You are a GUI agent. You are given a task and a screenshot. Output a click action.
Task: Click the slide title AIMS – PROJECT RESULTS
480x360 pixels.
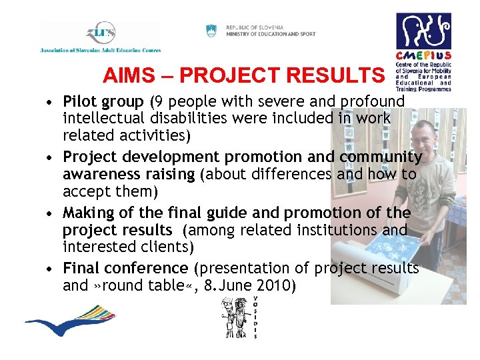tap(244, 75)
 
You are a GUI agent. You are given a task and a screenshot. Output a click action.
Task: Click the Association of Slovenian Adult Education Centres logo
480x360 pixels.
tap(100, 37)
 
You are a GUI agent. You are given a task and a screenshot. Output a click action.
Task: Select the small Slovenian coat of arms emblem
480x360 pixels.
tap(211, 31)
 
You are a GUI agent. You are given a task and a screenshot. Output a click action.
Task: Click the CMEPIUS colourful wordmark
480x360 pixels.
tap(423, 55)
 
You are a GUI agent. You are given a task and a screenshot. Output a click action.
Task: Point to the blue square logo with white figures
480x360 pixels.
tap(423, 31)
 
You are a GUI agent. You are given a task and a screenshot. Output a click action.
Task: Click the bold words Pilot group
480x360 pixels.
tap(103, 102)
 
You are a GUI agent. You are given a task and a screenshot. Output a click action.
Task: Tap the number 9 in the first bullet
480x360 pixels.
tap(157, 102)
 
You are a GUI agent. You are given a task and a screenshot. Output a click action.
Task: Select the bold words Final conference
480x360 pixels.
tap(125, 268)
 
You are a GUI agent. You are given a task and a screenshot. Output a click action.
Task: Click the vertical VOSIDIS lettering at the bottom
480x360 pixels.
tap(255, 317)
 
